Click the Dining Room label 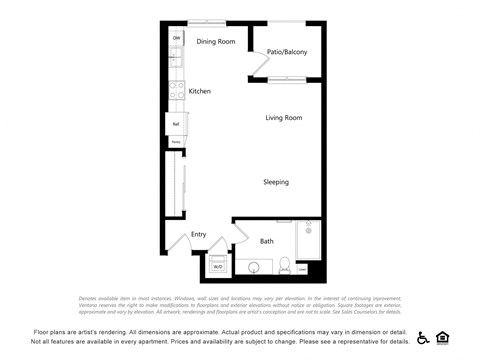(x=215, y=41)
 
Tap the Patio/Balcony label (x=287, y=52)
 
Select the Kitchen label (x=200, y=91)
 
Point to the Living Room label (x=283, y=118)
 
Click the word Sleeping (x=276, y=182)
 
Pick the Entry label (x=198, y=235)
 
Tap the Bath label (x=267, y=241)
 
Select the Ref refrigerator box (x=175, y=124)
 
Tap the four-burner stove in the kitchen (x=175, y=92)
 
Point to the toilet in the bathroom (x=284, y=267)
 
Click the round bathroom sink (x=254, y=268)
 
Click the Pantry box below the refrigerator (x=175, y=142)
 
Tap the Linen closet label (x=301, y=269)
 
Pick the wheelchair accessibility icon (x=423, y=338)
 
